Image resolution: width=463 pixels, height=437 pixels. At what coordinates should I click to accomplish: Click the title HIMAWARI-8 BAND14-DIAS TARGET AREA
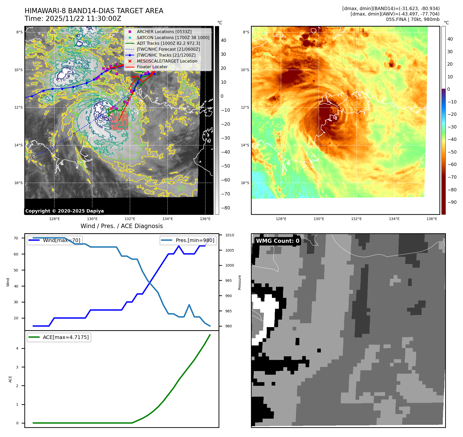click(94, 11)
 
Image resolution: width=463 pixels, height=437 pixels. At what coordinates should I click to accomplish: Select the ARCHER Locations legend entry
click(164, 32)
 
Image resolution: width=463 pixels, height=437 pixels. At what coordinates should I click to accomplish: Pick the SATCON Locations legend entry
click(173, 37)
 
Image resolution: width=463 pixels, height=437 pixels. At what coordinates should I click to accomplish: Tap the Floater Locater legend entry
click(152, 67)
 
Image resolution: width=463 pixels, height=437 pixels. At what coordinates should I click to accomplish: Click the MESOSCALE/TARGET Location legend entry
click(167, 61)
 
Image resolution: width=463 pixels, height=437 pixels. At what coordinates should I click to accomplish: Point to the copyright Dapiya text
click(64, 211)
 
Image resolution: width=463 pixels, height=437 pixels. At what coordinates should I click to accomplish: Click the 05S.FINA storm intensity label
click(413, 19)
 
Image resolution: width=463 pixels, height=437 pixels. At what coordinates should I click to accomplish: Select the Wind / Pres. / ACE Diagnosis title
click(121, 226)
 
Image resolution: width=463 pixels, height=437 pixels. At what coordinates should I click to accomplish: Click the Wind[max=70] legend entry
click(61, 240)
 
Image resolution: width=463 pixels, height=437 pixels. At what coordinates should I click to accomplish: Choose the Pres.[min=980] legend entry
click(195, 240)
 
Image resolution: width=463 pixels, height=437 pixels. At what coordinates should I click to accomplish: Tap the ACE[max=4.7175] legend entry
click(66, 337)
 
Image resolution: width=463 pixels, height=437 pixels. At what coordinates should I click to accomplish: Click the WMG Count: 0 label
click(278, 241)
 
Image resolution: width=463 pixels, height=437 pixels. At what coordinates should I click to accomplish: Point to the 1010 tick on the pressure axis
click(229, 235)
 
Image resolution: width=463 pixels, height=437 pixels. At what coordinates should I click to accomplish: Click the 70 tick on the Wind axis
click(16, 238)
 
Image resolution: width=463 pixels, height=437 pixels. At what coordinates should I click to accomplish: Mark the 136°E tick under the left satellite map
click(205, 219)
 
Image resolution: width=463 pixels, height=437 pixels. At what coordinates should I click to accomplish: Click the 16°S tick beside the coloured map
click(245, 183)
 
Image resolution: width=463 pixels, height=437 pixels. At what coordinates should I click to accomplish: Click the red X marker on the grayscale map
click(111, 109)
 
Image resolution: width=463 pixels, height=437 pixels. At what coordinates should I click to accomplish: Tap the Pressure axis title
click(240, 282)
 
